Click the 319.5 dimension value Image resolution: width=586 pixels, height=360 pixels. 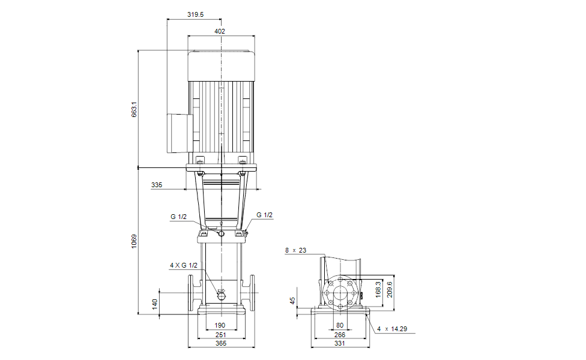pos(196,14)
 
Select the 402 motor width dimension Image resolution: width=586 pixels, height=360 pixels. pos(220,31)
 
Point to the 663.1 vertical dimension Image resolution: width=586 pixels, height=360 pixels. pos(134,109)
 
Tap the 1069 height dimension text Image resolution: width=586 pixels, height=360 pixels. pos(134,242)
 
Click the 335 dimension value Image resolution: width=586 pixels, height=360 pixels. pos(157,185)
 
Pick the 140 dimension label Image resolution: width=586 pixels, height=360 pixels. pos(155,304)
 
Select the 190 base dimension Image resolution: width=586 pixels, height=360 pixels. pos(220,325)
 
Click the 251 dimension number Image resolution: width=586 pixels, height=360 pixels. pos(220,335)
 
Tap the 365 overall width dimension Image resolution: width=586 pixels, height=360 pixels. pos(221,343)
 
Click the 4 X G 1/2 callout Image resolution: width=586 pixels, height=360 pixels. pos(184,265)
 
